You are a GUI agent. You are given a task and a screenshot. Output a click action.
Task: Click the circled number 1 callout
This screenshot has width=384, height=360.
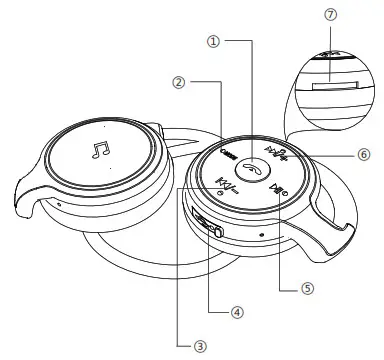click(x=212, y=42)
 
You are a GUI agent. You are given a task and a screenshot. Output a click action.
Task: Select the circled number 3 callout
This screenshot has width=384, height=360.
click(x=201, y=346)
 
